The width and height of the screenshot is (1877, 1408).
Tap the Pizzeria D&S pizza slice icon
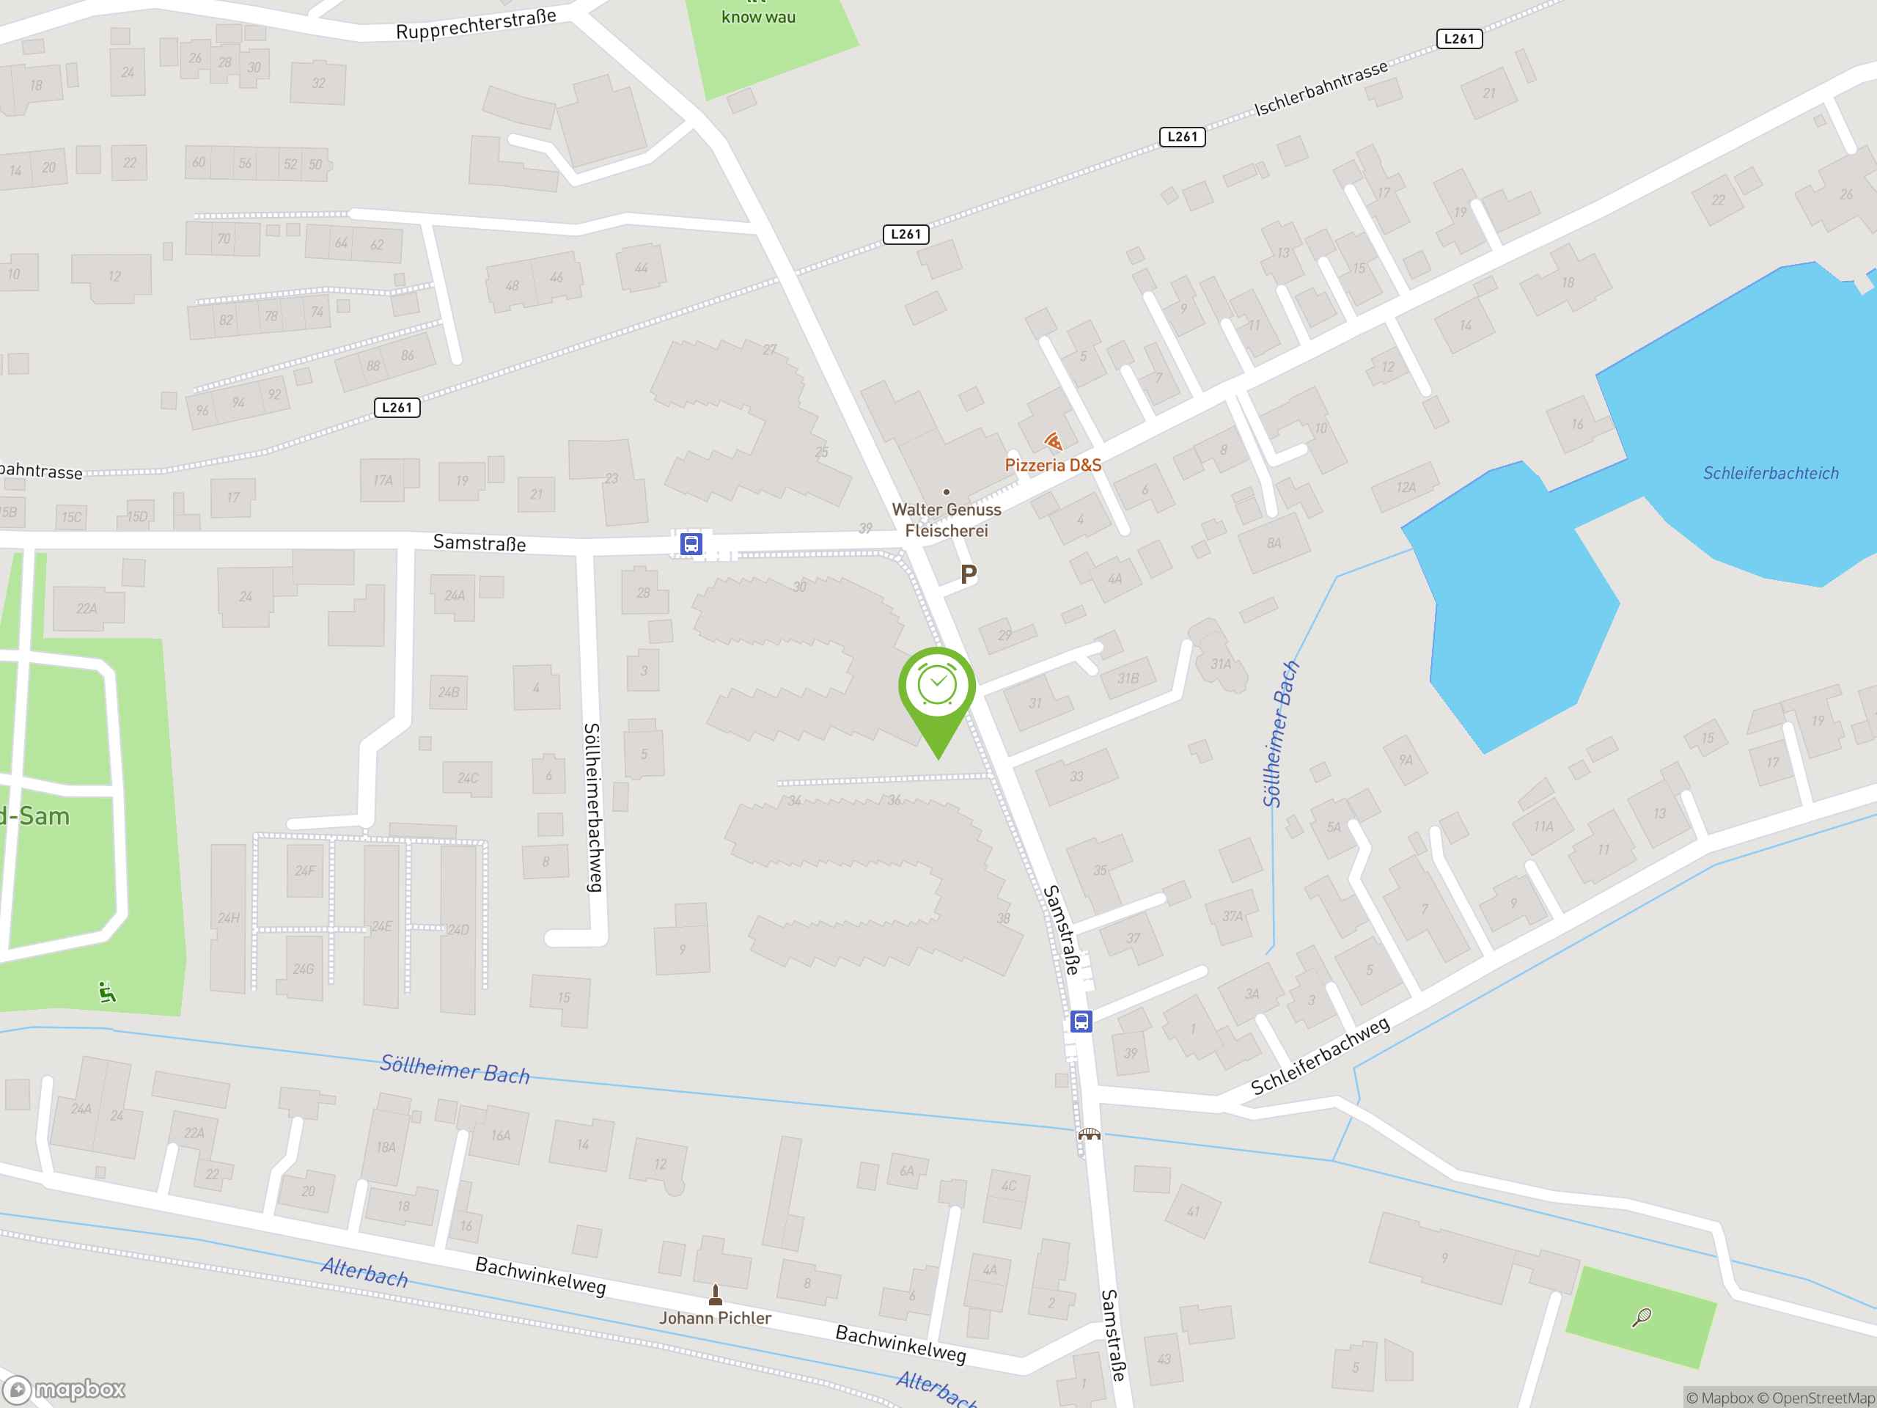(x=1053, y=441)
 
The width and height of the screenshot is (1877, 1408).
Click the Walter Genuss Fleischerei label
(x=946, y=519)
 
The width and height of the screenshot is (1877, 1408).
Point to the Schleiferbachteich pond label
(x=1770, y=474)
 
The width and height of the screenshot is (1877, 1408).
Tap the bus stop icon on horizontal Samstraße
(x=691, y=544)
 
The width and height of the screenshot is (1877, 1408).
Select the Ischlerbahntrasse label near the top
(x=1320, y=87)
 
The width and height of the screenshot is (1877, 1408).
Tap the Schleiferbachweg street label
(x=1320, y=1055)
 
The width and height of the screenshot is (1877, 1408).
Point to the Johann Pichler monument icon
(x=716, y=1294)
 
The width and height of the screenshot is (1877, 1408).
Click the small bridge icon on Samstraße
(x=1089, y=1134)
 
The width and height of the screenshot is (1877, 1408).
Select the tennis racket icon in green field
(x=1642, y=1317)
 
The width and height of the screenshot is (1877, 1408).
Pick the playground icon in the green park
(x=107, y=991)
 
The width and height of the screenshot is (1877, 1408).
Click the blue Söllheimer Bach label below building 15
(x=455, y=1068)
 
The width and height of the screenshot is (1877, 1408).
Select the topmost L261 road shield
(x=1458, y=39)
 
